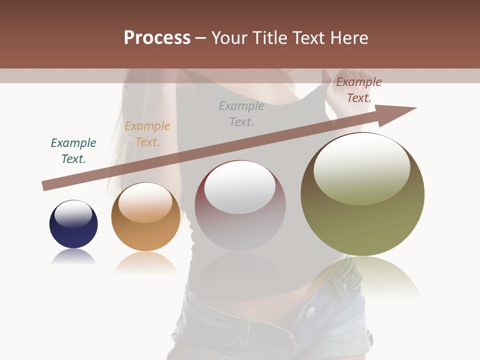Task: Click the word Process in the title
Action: [157, 37]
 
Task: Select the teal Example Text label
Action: [73, 150]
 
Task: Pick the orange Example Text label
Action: [147, 133]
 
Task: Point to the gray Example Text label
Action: [241, 113]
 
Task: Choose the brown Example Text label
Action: [358, 90]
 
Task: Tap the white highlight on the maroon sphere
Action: [240, 187]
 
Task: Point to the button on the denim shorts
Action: [310, 312]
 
